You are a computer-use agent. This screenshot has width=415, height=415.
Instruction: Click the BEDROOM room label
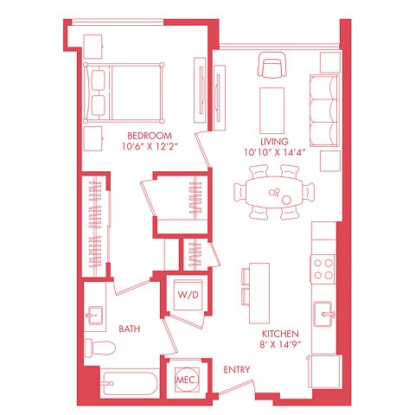(x=150, y=136)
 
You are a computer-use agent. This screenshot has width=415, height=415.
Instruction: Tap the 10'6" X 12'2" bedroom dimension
(x=149, y=146)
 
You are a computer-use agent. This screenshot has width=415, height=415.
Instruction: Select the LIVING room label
(x=274, y=142)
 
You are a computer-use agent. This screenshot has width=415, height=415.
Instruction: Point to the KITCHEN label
(x=280, y=334)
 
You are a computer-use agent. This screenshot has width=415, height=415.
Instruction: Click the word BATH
(x=130, y=329)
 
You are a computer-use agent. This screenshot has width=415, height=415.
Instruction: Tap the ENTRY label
(x=237, y=370)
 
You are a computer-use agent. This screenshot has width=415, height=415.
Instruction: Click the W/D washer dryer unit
(x=188, y=295)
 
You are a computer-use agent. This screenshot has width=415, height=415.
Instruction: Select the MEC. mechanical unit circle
(x=187, y=380)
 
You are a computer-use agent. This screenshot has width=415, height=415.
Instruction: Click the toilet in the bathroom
(x=100, y=348)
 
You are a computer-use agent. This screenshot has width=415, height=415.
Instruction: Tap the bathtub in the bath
(x=131, y=384)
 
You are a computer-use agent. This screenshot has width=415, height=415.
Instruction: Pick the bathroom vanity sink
(x=95, y=316)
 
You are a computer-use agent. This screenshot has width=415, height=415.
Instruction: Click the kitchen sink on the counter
(x=323, y=314)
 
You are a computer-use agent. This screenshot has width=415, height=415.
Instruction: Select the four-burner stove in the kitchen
(x=323, y=269)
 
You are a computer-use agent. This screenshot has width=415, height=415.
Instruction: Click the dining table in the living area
(x=274, y=192)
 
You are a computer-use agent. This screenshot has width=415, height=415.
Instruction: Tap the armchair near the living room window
(x=272, y=65)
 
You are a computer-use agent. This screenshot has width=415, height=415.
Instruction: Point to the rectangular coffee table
(x=271, y=111)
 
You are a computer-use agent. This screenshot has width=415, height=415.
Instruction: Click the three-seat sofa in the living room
(x=324, y=111)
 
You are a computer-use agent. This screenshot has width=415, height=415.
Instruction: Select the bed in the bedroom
(x=124, y=93)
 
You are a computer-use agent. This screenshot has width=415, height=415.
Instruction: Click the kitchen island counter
(x=259, y=293)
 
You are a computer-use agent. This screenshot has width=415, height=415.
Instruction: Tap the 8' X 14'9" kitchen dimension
(x=280, y=344)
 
